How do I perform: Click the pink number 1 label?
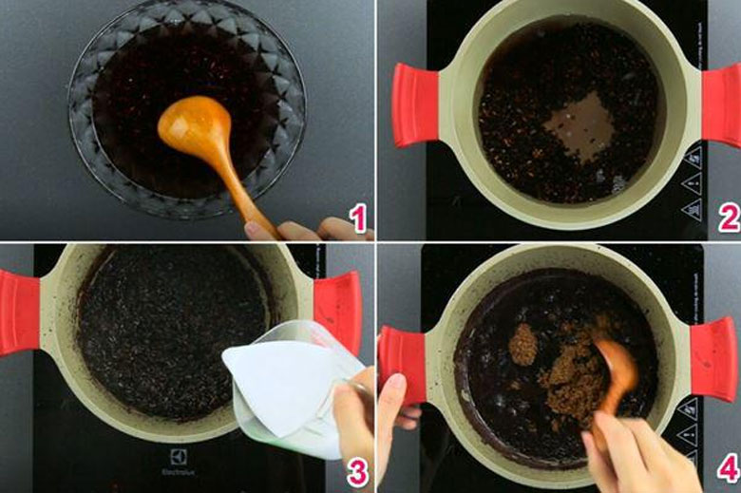pos(357,220)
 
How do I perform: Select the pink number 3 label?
pos(357,472)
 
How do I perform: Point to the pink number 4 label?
pos(728,472)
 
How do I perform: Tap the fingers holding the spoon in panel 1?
pos(304,230)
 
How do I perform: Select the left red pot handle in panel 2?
pos(414,104)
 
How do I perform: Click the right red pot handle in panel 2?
pos(722,105)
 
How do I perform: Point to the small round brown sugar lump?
pos(522,343)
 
